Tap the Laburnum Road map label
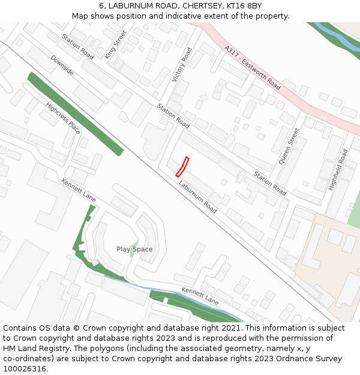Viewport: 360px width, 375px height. pos(197,197)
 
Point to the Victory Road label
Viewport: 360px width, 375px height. pos(182,64)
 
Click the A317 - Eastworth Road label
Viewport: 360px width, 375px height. pos(252,67)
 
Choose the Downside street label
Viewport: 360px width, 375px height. pos(62,65)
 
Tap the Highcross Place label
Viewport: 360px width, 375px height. pos(63,118)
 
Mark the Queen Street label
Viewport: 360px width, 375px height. pos(289,146)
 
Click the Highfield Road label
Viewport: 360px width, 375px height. pos(338,170)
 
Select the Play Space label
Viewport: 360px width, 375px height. pos(134,249)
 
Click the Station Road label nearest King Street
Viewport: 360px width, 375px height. pos(78,46)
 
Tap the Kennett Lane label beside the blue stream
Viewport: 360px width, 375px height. pos(200,296)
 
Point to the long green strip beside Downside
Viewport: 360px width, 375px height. pos(76,113)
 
